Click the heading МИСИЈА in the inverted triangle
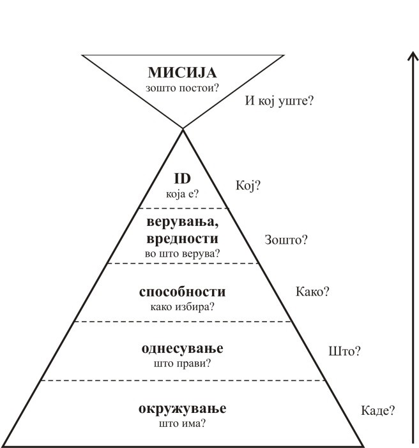(183, 71)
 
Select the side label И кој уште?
(282, 101)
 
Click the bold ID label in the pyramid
(183, 181)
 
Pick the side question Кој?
(248, 186)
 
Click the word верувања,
(183, 223)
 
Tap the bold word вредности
(183, 238)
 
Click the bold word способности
(183, 292)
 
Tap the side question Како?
(312, 292)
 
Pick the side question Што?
(344, 351)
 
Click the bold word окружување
(183, 408)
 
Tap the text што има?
(183, 422)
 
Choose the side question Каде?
(377, 410)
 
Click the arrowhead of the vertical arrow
(412, 56)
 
